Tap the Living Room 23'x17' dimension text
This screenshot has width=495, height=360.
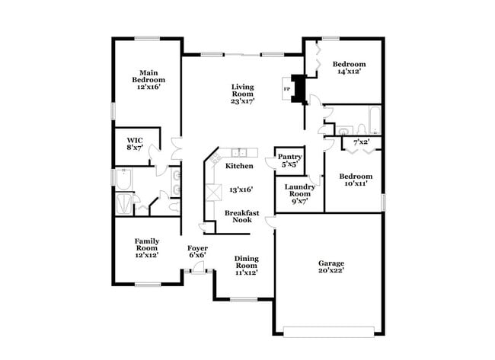pos(242,100)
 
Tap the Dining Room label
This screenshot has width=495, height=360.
pos(246,263)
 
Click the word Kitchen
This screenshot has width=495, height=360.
pos(239,165)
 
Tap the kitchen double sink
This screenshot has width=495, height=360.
pos(240,152)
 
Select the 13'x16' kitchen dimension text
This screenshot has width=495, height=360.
pos(241,190)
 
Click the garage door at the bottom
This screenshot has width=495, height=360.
pos(328,330)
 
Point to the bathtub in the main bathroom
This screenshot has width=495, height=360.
pos(123,180)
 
